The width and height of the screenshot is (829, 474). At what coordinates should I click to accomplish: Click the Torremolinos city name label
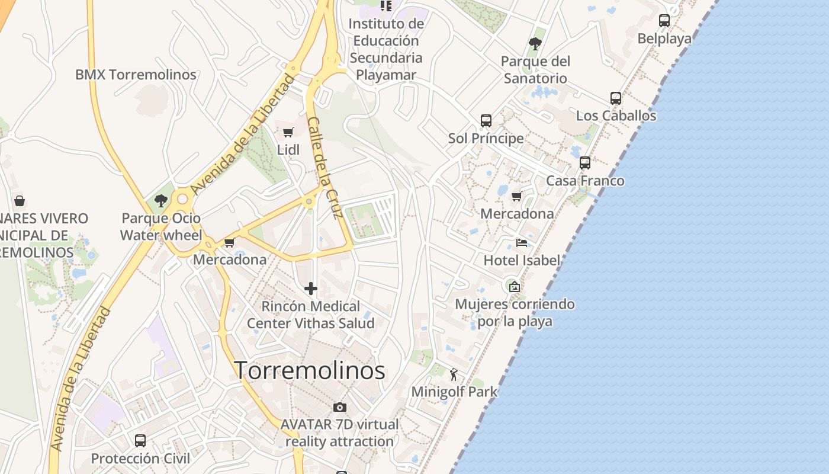[x=310, y=371]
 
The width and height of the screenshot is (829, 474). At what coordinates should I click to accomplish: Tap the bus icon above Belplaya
[x=664, y=21]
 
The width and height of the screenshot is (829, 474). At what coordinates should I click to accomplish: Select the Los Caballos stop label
[x=616, y=116]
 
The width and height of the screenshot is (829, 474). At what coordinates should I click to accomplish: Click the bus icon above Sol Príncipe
[x=486, y=121]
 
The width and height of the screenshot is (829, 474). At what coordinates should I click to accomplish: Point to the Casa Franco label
[x=585, y=181]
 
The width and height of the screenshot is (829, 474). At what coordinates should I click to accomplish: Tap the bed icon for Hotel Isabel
[x=522, y=243]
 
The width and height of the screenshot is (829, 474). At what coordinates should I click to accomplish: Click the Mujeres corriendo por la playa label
[x=515, y=313]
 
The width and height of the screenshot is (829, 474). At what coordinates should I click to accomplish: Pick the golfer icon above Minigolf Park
[x=454, y=374]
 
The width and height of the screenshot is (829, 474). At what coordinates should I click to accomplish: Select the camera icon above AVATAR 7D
[x=339, y=407]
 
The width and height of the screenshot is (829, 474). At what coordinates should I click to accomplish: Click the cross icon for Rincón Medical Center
[x=311, y=289]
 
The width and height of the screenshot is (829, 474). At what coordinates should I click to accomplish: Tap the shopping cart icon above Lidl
[x=288, y=133]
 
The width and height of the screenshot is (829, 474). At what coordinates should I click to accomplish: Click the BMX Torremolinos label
[x=136, y=75]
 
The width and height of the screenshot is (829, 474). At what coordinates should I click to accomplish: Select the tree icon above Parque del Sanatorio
[x=535, y=44]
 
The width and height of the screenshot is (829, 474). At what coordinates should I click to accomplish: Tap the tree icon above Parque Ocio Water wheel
[x=160, y=201]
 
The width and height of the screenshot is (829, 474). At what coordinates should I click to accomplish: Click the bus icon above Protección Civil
[x=140, y=441]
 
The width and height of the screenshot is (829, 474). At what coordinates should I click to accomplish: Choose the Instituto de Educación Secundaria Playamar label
[x=386, y=49]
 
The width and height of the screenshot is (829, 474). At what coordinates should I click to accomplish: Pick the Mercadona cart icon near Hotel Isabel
[x=517, y=197]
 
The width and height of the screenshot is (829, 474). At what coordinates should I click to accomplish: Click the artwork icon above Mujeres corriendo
[x=515, y=287]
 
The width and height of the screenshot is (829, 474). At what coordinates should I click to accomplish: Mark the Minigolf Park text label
[x=454, y=392]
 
